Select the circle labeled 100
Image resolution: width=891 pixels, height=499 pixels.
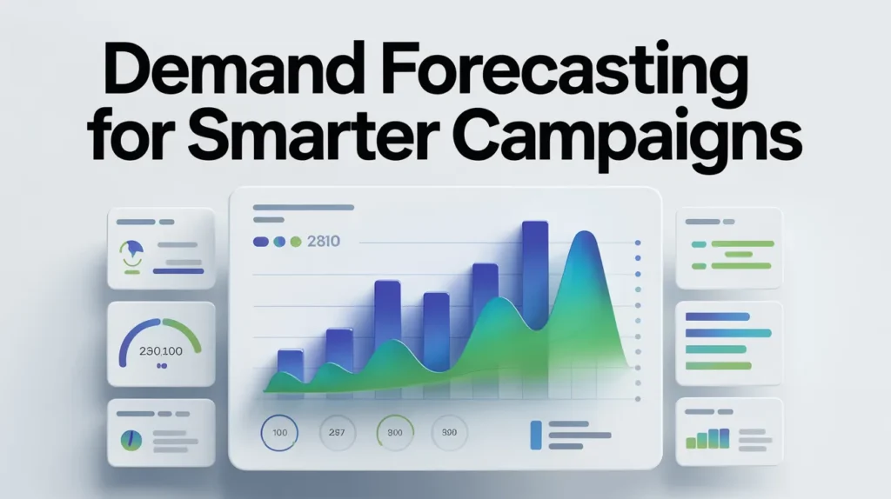(x=278, y=432)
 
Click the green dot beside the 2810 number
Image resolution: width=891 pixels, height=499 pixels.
(x=296, y=241)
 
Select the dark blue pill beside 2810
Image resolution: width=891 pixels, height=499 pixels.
(x=260, y=241)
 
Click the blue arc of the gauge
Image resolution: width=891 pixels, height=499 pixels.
(x=139, y=331)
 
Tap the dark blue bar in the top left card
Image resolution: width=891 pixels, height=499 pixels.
(x=178, y=271)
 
